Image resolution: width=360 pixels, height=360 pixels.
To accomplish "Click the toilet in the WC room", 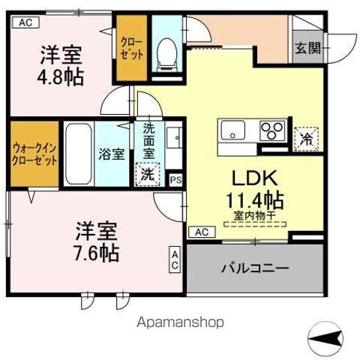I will click(166, 50).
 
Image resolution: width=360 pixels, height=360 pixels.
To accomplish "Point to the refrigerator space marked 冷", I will click(307, 138).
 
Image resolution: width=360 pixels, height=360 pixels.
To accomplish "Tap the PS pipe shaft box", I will click(175, 180).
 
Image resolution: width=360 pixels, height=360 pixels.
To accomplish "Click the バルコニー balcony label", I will click(255, 268).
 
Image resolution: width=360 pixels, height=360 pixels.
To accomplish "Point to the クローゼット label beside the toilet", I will click(133, 49).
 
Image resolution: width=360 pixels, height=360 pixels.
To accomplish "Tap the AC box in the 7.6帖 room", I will click(175, 259).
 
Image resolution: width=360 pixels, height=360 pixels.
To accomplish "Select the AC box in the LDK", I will click(202, 232).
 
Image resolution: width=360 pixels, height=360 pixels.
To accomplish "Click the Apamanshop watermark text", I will click(180, 322).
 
